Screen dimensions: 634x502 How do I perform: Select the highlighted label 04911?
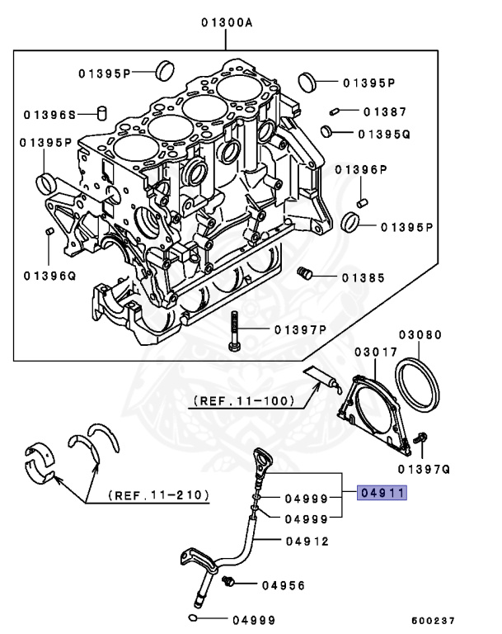(382, 494)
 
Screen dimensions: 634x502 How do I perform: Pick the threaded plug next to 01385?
(303, 272)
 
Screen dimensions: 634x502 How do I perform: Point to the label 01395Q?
(383, 133)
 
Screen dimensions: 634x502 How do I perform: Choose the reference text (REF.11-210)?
(157, 496)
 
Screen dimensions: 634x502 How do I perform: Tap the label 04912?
(307, 542)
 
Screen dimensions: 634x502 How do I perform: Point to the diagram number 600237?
(433, 619)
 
